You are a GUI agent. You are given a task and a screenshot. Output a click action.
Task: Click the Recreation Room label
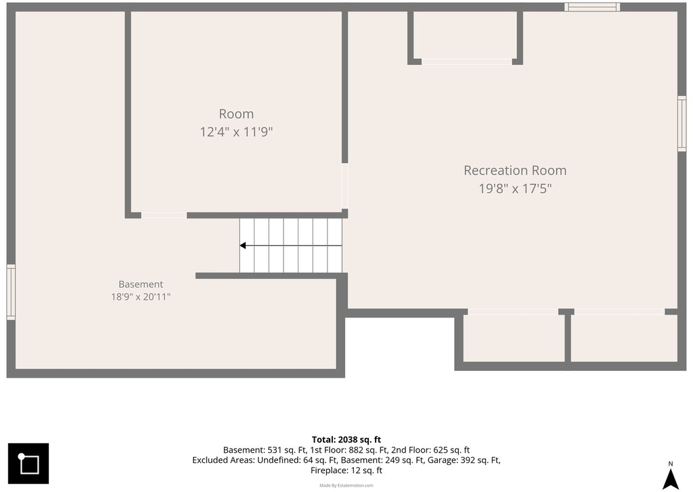[515, 170]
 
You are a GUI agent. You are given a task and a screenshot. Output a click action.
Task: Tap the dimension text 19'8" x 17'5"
[515, 189]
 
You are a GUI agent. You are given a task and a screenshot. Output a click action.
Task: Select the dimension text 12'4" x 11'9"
[236, 132]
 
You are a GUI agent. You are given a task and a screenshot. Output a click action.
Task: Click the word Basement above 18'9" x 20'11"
[141, 284]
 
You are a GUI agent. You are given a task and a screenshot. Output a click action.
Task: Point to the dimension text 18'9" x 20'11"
[141, 296]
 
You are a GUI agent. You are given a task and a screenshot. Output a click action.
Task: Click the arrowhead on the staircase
[243, 246]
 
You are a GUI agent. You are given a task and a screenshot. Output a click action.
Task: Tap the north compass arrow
[671, 478]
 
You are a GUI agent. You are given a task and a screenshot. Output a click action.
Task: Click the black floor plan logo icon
[28, 464]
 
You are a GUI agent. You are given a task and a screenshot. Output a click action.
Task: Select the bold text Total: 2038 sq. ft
[346, 439]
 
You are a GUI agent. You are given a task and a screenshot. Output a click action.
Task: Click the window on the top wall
[591, 7]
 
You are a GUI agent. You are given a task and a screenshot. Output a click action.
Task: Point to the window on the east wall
[682, 124]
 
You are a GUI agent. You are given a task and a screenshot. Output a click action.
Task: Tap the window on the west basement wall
[11, 292]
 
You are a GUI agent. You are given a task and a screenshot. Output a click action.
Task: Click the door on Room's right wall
[344, 186]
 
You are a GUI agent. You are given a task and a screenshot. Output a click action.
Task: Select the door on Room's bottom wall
[164, 215]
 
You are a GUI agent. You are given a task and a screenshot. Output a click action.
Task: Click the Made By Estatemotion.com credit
[346, 485]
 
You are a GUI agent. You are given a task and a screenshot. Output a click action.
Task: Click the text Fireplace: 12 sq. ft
[346, 470]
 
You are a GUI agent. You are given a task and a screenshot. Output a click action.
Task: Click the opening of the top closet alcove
[467, 62]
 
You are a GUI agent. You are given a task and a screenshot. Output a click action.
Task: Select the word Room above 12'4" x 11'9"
[236, 114]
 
